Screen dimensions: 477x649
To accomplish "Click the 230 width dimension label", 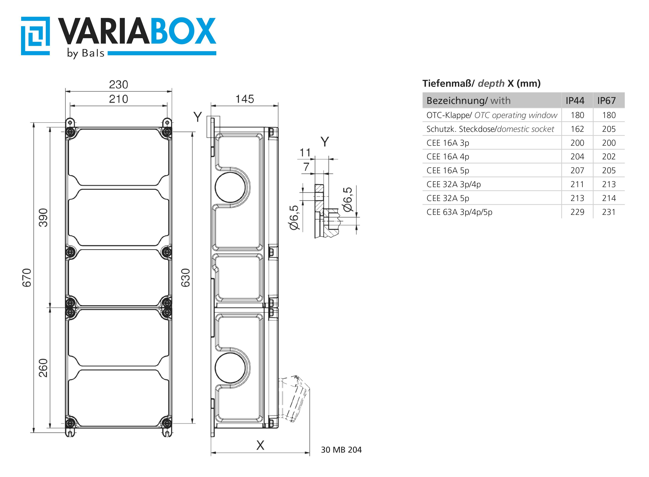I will (x=118, y=85).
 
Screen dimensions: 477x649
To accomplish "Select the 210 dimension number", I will (x=118, y=99).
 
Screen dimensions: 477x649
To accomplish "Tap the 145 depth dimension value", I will (x=245, y=99).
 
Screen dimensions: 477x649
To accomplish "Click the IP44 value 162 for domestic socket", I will (x=577, y=129).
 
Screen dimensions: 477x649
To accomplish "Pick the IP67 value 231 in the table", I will (x=609, y=212).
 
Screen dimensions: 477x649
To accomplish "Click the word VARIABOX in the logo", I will (x=137, y=31).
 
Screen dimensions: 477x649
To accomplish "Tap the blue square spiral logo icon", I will (x=35, y=36).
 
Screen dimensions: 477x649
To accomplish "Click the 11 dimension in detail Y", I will (x=305, y=152).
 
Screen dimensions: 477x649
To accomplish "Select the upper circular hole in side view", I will (x=230, y=187).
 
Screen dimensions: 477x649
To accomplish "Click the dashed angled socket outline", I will (x=294, y=398).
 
